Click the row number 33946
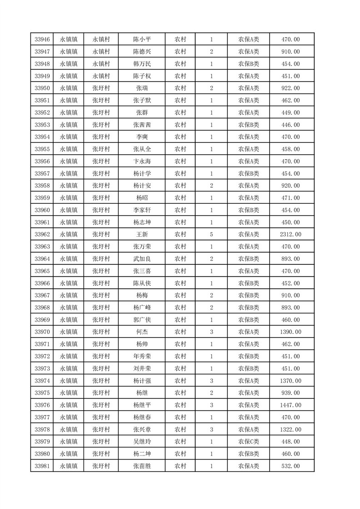(x=42, y=39)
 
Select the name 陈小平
(x=142, y=39)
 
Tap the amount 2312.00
(x=291, y=235)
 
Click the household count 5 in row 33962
(x=212, y=235)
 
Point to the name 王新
(x=142, y=235)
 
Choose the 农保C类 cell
(x=248, y=441)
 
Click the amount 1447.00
(x=291, y=405)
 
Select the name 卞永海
(x=142, y=161)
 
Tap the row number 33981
(x=42, y=466)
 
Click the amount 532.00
(x=291, y=466)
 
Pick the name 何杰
(x=142, y=332)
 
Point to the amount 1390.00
(x=291, y=332)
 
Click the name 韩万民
(x=142, y=64)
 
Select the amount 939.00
(x=291, y=393)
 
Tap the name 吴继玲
(x=142, y=441)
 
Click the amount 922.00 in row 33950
(x=291, y=88)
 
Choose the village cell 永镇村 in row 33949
(x=101, y=76)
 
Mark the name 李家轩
(x=142, y=210)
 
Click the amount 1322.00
(x=291, y=430)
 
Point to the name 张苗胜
(x=142, y=466)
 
